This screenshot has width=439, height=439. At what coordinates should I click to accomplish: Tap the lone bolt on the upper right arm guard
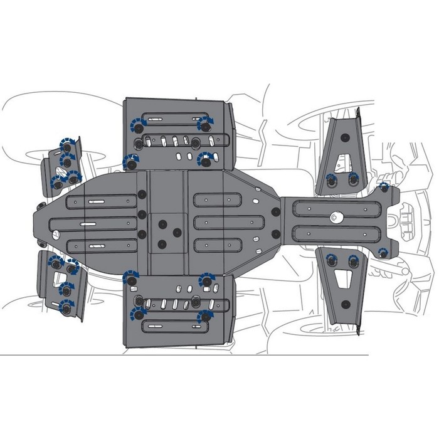[x=344, y=138]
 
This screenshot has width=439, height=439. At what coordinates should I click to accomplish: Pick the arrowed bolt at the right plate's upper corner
[x=384, y=187]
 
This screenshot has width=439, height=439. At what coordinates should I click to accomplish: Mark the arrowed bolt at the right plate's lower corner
[x=383, y=252]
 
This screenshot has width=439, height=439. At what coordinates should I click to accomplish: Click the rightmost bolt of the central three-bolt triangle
[x=177, y=233]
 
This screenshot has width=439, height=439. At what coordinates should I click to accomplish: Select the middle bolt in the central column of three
[x=142, y=215]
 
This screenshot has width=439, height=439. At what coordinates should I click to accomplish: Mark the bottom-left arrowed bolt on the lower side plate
[x=135, y=315]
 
